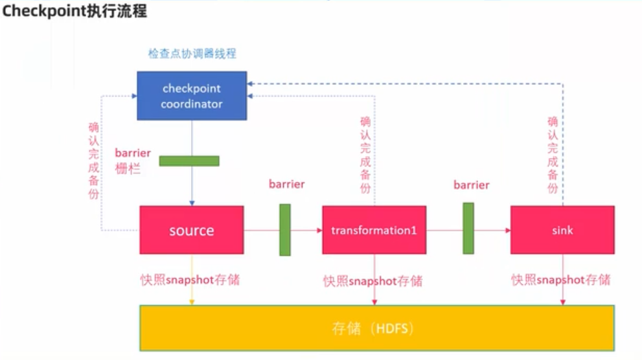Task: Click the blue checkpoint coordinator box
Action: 192,96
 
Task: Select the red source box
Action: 192,230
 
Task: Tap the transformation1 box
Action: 374,230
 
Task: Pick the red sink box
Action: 562,230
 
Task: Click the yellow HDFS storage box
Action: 376,328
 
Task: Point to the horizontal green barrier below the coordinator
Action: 189,161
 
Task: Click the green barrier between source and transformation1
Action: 285,230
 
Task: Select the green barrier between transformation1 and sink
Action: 468,229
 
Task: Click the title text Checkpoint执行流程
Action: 75,10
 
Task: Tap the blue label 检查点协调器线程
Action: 192,54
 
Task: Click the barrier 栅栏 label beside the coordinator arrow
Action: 133,161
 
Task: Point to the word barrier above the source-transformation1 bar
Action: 286,184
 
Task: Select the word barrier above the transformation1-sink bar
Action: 471,185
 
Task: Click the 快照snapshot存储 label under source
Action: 190,280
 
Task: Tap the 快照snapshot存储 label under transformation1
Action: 373,281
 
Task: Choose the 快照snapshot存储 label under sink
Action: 560,280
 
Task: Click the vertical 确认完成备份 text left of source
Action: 94,161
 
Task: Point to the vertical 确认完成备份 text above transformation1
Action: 365,155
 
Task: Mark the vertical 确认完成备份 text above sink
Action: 553,155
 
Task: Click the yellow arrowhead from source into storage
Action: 192,302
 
